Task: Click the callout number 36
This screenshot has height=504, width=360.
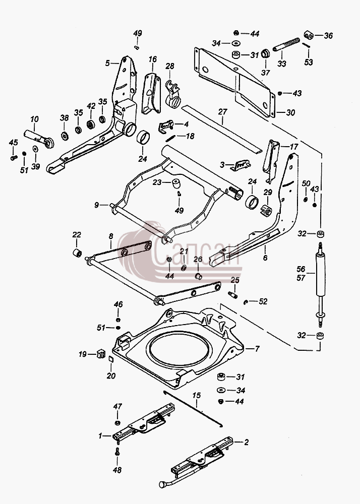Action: click(x=328, y=35)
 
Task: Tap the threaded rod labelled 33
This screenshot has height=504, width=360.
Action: click(x=286, y=44)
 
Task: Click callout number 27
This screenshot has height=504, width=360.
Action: click(x=223, y=111)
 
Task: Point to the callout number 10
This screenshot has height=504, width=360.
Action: click(x=34, y=119)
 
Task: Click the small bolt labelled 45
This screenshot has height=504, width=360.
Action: click(x=14, y=158)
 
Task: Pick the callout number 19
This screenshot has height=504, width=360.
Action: click(x=83, y=354)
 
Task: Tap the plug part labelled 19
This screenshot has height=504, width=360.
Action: click(x=101, y=354)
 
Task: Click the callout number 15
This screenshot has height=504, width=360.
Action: click(x=197, y=395)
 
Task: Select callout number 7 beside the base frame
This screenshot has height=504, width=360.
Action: click(x=257, y=349)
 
